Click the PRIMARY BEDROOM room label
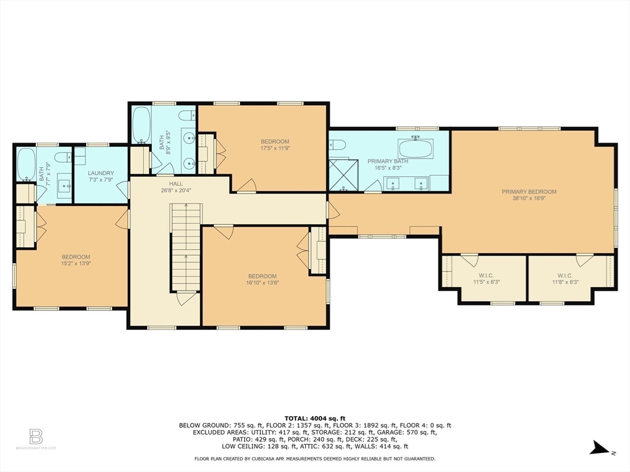528,191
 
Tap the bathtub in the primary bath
416,148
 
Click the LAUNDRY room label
101,173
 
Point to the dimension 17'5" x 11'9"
274,148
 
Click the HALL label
177,183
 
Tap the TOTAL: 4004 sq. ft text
314,417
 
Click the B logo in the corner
36,436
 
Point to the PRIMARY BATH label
388,161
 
